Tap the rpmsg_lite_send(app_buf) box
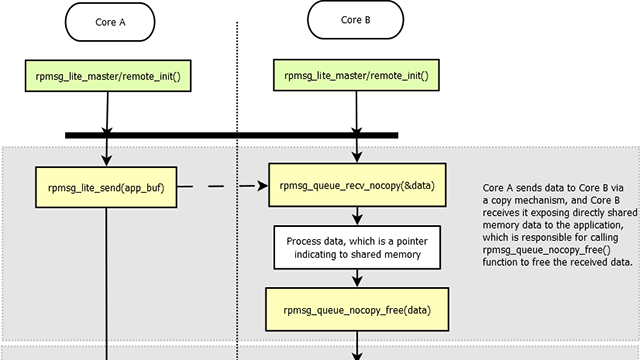click(x=107, y=186)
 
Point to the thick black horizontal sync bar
click(x=231, y=135)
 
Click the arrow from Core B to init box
click(x=355, y=49)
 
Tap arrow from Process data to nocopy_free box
click(x=356, y=277)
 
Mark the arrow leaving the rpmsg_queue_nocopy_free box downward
click(x=356, y=344)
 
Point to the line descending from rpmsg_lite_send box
click(x=107, y=280)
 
